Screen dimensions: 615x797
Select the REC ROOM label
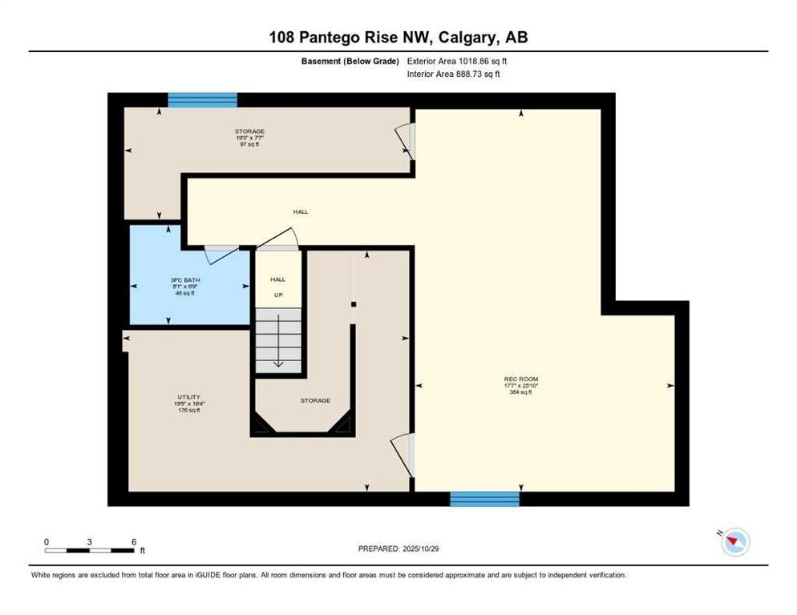point(520,379)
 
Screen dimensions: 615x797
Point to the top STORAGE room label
point(249,131)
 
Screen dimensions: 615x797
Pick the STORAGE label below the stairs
point(315,400)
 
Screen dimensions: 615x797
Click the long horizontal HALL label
point(300,211)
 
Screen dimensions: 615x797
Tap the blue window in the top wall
point(202,100)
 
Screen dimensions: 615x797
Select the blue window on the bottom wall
point(484,499)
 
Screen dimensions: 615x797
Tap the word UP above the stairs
point(277,295)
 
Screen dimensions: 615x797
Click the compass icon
point(734,542)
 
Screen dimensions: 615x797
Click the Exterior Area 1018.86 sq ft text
point(458,61)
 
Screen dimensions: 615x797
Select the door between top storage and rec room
point(407,141)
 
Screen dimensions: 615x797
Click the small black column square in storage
point(353,303)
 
